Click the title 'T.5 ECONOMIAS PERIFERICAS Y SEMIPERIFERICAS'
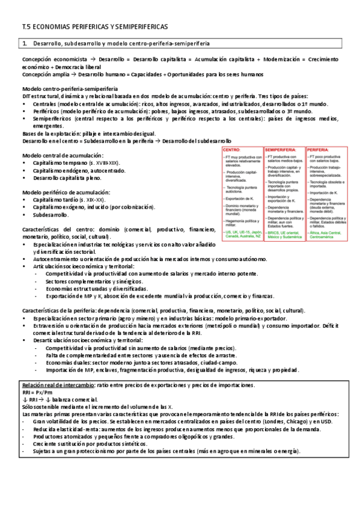click(x=95, y=28)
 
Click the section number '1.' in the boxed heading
click(x=25, y=45)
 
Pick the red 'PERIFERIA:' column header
click(x=318, y=148)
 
